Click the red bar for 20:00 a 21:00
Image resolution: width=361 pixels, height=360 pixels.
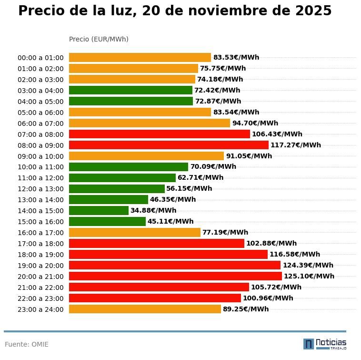tap(175, 276)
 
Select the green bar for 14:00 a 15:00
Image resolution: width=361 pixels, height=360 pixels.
tap(99, 210)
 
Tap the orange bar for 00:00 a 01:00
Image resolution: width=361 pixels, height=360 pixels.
tap(140, 57)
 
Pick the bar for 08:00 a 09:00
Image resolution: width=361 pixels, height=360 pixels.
tap(169, 145)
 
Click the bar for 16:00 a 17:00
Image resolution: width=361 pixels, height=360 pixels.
tap(134, 232)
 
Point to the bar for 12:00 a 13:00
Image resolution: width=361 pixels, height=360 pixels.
tap(117, 188)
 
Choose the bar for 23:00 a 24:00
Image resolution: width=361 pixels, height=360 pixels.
tap(145, 309)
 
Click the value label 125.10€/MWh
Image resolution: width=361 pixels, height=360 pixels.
tap(309, 276)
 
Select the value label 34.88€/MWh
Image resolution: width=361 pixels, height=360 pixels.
tap(153, 210)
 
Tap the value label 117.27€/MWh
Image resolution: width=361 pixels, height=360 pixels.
tap(295, 145)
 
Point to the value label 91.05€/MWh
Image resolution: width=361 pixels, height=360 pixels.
tap(249, 156)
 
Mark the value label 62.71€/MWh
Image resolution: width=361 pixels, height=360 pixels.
tap(200, 177)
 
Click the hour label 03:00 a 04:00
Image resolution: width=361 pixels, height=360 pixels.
tap(40, 91)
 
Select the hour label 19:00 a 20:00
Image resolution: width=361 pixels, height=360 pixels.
tap(40, 266)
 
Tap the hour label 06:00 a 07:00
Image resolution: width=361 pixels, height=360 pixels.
tap(40, 123)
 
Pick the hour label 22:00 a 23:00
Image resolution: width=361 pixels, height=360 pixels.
tap(40, 298)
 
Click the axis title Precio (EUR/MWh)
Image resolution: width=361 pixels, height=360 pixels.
tap(99, 39)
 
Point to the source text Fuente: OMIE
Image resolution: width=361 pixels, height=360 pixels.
tap(27, 344)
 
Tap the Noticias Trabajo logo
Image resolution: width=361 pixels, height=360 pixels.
tap(325, 344)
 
